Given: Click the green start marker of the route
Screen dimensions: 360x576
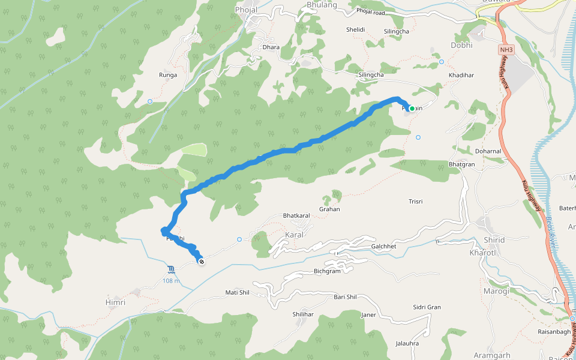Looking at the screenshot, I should click(x=412, y=109).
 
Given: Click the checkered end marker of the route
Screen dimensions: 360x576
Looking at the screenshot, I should click(x=202, y=261).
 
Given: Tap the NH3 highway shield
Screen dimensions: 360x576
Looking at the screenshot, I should click(x=506, y=50).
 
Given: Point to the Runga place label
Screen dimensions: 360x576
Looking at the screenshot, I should click(x=168, y=75).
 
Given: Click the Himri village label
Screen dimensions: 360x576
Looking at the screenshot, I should click(x=115, y=302).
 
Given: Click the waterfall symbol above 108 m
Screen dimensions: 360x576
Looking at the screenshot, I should click(x=172, y=268).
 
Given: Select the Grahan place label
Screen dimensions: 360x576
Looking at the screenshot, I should click(x=329, y=209).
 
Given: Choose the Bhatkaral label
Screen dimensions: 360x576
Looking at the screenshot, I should click(x=296, y=215).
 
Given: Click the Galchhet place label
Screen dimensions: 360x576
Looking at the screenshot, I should click(x=384, y=247).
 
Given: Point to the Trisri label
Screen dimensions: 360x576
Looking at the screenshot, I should click(x=416, y=202).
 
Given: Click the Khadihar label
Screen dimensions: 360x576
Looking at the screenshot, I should click(x=461, y=75).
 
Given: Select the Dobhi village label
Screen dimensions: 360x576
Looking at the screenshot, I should click(x=461, y=45).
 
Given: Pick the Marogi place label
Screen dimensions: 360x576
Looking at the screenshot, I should click(x=496, y=291).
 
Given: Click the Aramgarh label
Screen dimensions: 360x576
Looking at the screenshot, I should click(x=491, y=354).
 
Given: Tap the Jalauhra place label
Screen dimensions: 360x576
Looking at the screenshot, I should click(x=408, y=344).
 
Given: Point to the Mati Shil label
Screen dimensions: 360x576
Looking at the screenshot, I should click(x=237, y=292).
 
